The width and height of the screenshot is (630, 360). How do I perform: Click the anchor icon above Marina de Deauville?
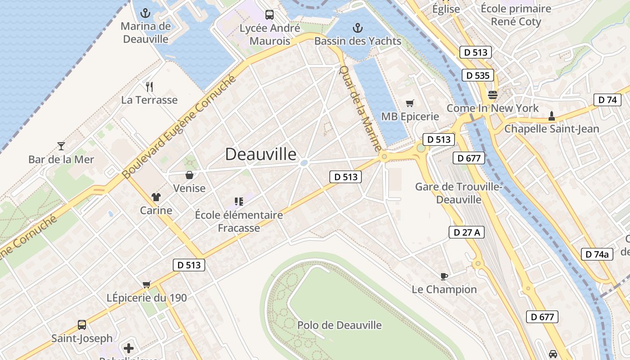pos(145,13)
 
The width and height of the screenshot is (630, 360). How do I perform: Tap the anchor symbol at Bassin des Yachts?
pos(357,28)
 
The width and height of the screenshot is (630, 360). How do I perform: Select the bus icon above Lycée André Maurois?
pos(270,14)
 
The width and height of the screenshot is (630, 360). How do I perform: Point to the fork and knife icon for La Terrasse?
pos(149,86)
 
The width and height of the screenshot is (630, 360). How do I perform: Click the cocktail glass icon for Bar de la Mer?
pos(61,146)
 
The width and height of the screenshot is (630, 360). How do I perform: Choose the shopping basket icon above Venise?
pos(189,175)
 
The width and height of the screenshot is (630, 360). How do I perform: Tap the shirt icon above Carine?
pos(156,197)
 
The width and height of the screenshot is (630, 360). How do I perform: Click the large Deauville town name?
pos(261,154)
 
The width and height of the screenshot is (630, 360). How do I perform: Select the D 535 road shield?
pos(477,75)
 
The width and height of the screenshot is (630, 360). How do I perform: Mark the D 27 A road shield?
pos(467,232)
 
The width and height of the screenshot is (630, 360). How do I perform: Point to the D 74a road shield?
pos(597,254)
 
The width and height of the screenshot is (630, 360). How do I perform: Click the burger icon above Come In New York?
pos(492,95)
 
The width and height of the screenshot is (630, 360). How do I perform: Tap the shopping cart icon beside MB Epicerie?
pos(409,103)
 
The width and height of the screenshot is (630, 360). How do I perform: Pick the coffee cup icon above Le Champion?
pos(444,276)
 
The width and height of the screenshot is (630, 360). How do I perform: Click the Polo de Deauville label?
pos(339,325)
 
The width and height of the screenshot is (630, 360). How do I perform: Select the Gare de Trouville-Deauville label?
pos(458,193)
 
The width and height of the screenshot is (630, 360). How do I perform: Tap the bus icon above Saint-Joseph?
pos(82,324)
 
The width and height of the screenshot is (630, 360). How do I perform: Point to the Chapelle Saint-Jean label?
pos(552,129)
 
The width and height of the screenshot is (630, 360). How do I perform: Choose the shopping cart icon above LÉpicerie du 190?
pos(146,284)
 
